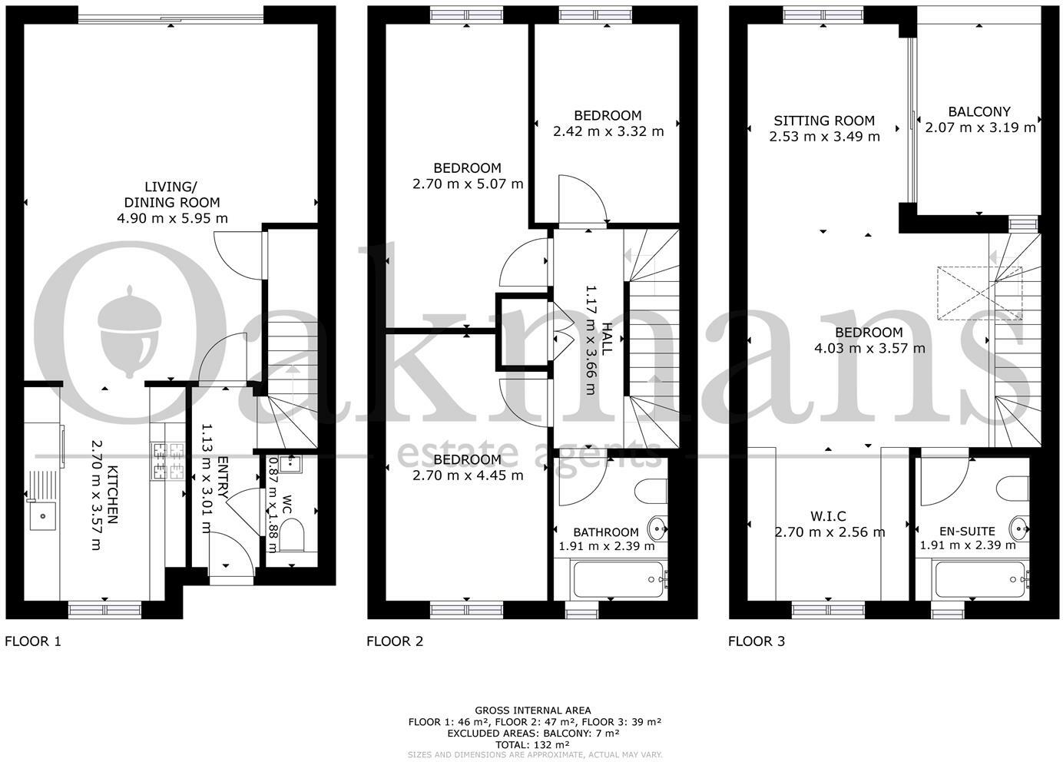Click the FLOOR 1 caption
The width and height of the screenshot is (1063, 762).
(33, 641)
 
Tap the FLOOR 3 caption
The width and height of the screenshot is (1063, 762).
(757, 641)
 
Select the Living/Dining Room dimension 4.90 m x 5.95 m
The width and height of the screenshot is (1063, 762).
(172, 218)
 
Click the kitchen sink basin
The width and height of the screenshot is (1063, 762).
(43, 515)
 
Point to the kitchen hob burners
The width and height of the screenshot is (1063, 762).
(167, 460)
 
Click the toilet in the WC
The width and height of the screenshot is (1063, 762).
(291, 535)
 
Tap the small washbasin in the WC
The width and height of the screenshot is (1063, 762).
(289, 464)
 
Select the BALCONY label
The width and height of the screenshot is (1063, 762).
(979, 111)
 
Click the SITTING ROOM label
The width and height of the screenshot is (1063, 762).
(824, 121)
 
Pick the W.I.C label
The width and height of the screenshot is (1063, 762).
(828, 515)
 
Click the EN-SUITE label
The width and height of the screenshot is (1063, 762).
(967, 531)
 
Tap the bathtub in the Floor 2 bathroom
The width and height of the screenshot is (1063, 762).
(619, 579)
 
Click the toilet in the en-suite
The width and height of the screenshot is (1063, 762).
(1012, 488)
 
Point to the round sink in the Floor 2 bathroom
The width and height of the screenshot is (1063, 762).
(657, 527)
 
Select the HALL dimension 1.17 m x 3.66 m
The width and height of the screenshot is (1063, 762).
(591, 340)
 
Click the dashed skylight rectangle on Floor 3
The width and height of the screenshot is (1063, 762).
(979, 293)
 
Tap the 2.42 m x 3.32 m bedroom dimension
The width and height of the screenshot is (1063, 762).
(608, 131)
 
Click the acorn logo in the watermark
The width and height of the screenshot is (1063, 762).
(130, 332)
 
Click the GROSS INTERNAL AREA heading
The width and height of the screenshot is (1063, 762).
(532, 711)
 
